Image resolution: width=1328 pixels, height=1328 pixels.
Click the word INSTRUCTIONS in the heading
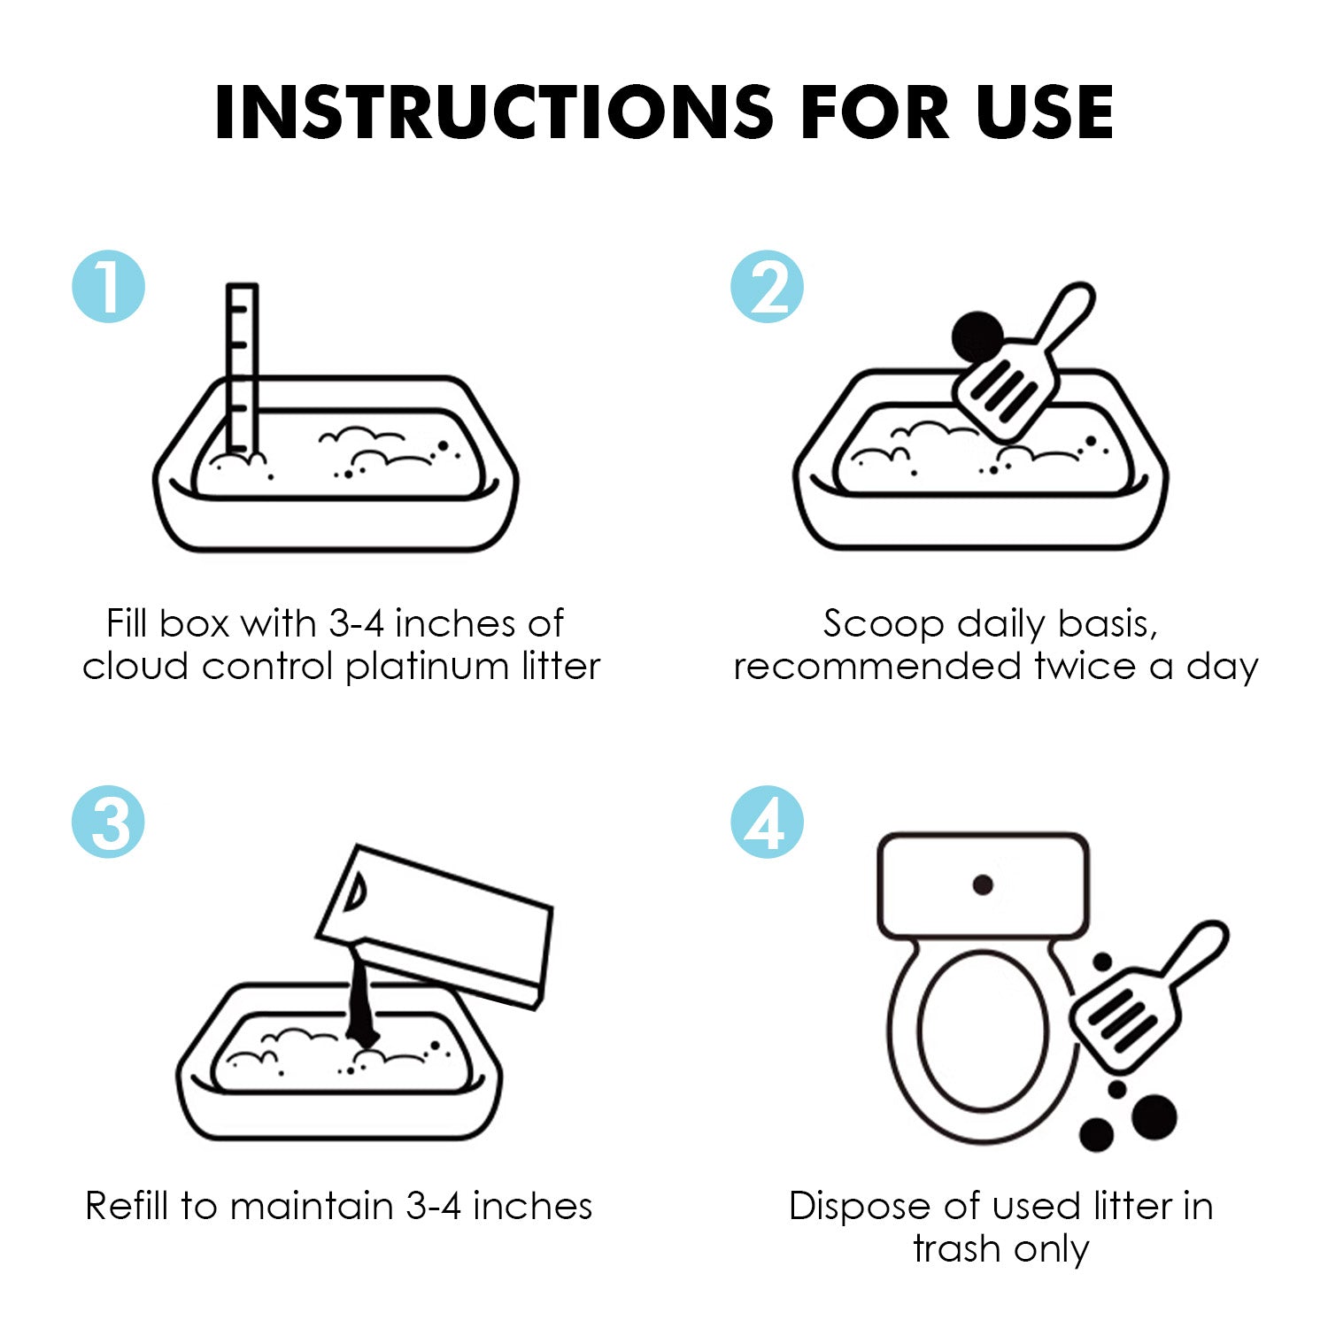[x=495, y=112]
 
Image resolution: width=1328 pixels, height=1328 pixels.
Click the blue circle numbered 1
[x=108, y=286]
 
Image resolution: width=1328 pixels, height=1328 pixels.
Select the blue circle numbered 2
[x=767, y=286]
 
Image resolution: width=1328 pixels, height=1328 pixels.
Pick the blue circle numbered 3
[x=108, y=822]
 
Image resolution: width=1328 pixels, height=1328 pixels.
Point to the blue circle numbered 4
[x=767, y=822]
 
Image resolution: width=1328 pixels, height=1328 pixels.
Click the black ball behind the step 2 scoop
[x=976, y=336]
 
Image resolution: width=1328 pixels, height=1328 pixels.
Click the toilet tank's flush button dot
[x=983, y=884]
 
